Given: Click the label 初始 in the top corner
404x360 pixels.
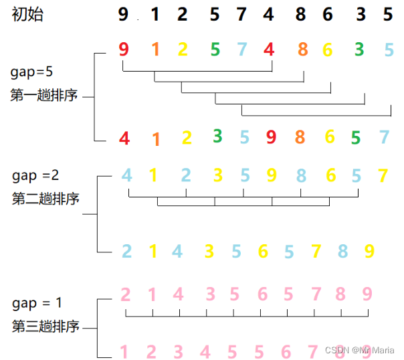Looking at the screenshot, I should pyautogui.click(x=27, y=15).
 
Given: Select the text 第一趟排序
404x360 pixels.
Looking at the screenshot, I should pyautogui.click(x=44, y=96).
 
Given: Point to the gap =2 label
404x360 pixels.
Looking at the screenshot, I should pyautogui.click(x=35, y=175).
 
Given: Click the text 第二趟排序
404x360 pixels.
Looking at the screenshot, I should pyautogui.click(x=45, y=199).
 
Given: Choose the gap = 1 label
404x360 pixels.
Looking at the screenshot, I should pyautogui.click(x=37, y=303).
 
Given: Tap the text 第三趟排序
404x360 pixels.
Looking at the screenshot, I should pyautogui.click(x=45, y=327).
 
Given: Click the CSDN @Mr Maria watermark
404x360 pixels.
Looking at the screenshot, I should pyautogui.click(x=359, y=350).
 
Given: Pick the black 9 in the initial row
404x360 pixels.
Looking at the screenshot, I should pyautogui.click(x=123, y=14).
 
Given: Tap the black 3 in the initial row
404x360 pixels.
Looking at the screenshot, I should pyautogui.click(x=361, y=14).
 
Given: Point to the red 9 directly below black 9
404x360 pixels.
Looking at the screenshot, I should pyautogui.click(x=123, y=49).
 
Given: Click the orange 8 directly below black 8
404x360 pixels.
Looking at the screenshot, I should pyautogui.click(x=303, y=49).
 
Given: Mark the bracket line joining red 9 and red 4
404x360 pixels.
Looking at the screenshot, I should pyautogui.click(x=197, y=70).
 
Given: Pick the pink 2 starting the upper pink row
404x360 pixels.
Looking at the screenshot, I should pyautogui.click(x=126, y=294).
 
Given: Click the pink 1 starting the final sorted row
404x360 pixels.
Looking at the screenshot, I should pyautogui.click(x=124, y=351).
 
